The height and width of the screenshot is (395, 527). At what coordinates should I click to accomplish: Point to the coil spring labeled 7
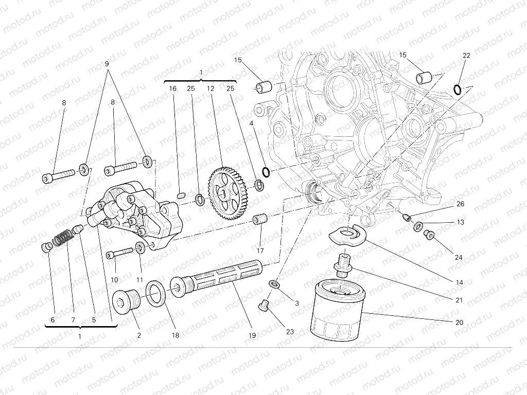tap(63, 238)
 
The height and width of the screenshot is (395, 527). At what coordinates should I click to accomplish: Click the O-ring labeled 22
tap(457, 91)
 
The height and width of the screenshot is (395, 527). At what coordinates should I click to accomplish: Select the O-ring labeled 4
tap(265, 171)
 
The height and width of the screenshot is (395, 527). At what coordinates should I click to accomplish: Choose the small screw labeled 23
tap(265, 306)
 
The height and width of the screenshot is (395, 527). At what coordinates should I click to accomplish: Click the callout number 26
tap(460, 204)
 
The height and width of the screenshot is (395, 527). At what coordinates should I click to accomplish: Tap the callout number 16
tap(173, 88)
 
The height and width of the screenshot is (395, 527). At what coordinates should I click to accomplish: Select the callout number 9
tap(107, 64)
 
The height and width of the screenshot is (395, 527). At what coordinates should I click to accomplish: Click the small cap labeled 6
tap(46, 248)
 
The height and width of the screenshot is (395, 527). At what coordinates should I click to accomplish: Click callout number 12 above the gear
tap(210, 88)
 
